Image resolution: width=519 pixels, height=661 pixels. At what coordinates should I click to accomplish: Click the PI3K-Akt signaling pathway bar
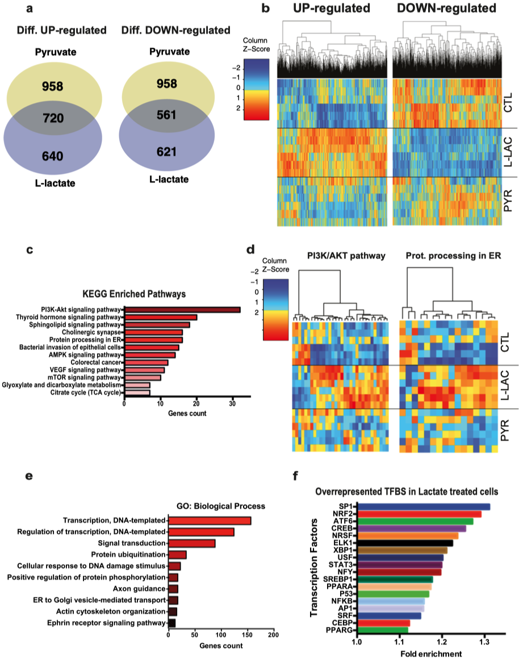coord(182,309)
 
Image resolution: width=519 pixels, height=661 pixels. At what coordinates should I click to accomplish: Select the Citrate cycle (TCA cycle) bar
coord(137,392)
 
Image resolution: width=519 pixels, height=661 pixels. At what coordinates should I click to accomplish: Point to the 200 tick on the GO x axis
coord(274,635)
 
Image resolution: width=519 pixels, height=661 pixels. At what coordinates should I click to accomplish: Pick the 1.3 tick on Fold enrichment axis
coord(484,642)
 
